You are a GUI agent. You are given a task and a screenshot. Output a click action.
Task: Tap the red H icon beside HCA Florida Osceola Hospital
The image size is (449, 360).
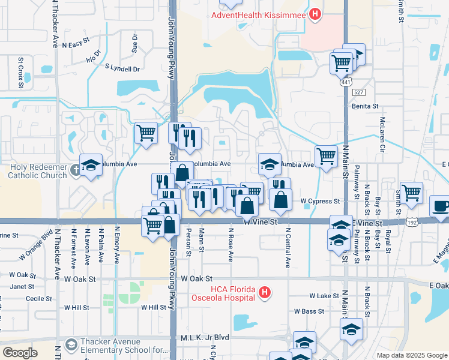click(x=265, y=292)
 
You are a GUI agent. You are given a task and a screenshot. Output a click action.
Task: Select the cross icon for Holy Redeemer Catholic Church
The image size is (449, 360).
click(x=74, y=170)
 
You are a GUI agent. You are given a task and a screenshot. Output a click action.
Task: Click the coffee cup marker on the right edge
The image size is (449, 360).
click(x=440, y=205)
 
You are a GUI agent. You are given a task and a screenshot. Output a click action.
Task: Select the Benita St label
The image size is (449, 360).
click(x=365, y=106)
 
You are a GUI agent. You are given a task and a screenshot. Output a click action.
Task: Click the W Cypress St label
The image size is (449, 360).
click(x=320, y=202)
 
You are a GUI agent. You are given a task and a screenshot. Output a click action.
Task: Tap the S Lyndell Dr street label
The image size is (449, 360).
click(x=122, y=69)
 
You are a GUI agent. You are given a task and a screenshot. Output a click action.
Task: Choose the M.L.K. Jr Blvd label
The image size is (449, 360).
click(x=205, y=338)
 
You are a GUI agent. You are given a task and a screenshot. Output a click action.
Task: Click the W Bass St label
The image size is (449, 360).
click(x=309, y=311)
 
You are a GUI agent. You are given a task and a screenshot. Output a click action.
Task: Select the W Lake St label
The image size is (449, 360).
click(x=324, y=296)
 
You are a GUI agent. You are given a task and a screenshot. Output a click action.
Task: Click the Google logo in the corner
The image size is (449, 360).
click(x=20, y=353)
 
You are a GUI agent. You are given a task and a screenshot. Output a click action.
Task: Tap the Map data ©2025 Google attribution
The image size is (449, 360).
click(x=411, y=355)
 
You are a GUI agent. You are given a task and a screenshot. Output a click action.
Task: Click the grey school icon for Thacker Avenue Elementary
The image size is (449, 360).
click(x=71, y=344)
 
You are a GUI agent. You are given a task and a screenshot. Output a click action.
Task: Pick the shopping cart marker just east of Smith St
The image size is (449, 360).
click(x=411, y=193)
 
